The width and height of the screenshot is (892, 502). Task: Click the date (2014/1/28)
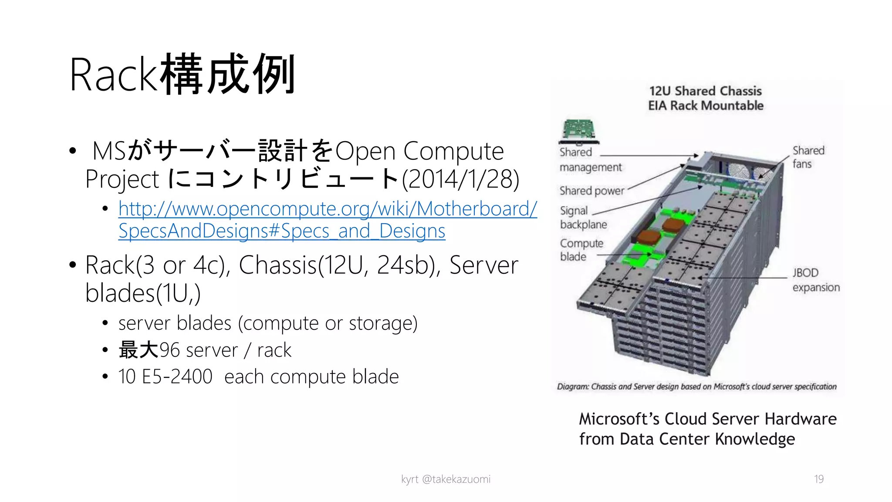(x=460, y=179)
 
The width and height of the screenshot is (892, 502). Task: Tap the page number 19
(x=818, y=479)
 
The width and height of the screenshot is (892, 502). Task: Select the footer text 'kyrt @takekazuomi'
(x=446, y=479)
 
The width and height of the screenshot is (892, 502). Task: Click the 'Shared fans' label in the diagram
(x=808, y=157)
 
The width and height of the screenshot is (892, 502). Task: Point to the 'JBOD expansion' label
(x=815, y=280)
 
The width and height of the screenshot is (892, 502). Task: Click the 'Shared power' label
(x=591, y=191)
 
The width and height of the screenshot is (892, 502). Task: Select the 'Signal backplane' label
(x=583, y=217)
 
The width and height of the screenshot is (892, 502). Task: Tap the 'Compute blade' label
(x=581, y=250)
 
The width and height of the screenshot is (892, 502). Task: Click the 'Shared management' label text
(x=590, y=159)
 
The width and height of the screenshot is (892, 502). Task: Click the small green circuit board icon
(x=579, y=130)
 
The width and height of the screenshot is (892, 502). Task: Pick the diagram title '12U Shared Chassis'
(x=705, y=91)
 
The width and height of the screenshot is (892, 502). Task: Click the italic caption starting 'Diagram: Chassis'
(x=696, y=387)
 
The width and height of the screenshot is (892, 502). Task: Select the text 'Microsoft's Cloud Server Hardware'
(x=707, y=419)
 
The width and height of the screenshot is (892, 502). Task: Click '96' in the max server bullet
(x=169, y=350)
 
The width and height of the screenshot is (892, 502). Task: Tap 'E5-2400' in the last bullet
(x=177, y=376)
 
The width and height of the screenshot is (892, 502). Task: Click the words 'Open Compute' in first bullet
(x=419, y=151)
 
